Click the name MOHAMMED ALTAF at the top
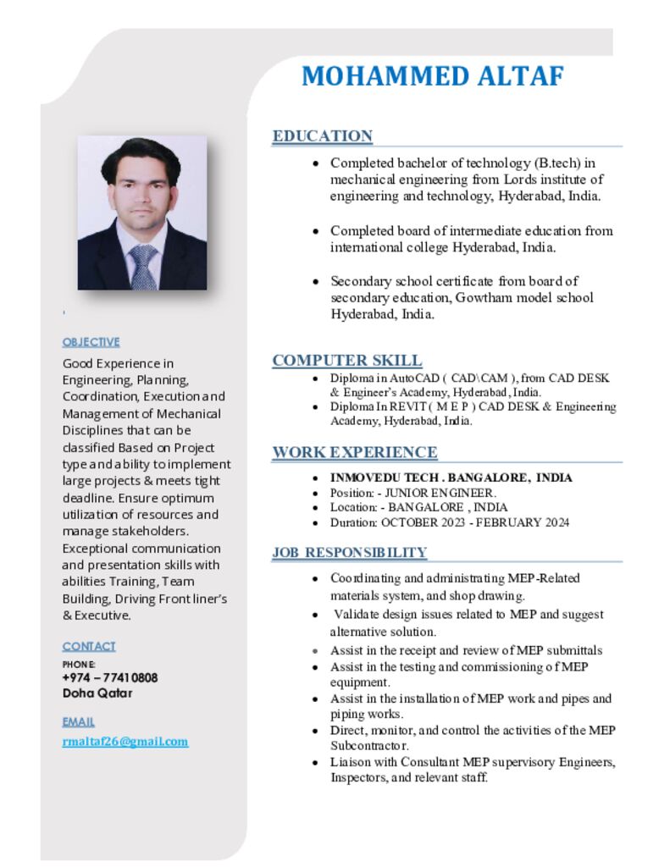[432, 76]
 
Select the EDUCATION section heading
[322, 136]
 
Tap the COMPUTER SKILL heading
[347, 361]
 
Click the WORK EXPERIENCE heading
[354, 452]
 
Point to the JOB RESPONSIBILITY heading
[349, 553]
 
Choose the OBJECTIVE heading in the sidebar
[91, 342]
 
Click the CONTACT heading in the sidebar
[89, 646]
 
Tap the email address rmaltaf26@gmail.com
[125, 742]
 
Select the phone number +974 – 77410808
[110, 677]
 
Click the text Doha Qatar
[97, 693]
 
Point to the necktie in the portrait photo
[142, 266]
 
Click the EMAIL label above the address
[78, 722]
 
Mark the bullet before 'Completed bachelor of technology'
[315, 163]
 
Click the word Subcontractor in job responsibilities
[369, 746]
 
